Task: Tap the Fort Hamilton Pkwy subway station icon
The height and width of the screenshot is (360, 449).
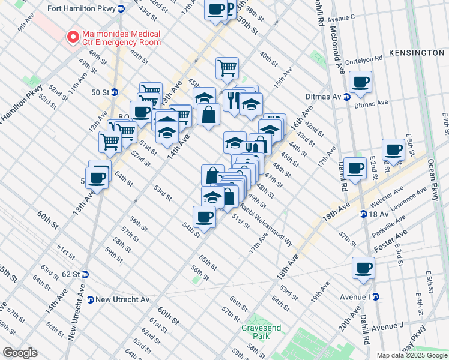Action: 121,8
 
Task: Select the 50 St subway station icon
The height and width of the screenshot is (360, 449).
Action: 114,92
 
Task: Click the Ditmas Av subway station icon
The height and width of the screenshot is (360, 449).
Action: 347,97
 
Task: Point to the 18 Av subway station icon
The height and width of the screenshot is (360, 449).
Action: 364,214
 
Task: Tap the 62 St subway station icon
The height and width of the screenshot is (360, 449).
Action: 85,274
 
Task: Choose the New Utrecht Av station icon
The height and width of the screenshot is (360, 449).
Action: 90,299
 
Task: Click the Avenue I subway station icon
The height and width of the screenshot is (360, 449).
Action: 376,296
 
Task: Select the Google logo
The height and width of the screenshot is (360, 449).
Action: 20,352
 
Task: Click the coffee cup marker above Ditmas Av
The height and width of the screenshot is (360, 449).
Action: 361,82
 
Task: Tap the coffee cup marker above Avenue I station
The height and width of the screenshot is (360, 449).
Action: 363,268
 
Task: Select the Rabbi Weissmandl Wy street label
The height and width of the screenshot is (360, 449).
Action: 267,225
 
